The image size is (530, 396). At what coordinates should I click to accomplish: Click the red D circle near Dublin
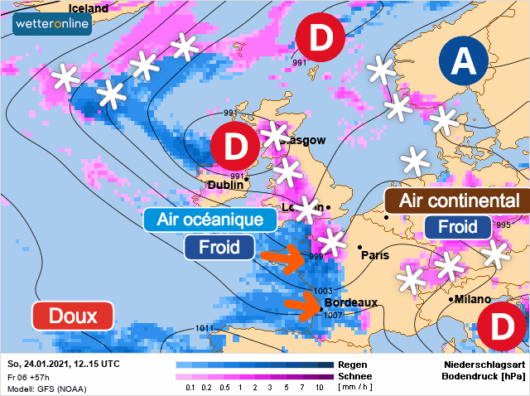click(236, 147)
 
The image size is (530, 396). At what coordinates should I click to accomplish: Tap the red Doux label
click(72, 316)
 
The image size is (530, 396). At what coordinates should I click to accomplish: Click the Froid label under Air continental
click(457, 227)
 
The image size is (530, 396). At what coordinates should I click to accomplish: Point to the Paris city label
click(375, 255)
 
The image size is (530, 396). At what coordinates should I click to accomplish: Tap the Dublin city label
click(225, 185)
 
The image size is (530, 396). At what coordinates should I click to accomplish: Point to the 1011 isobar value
click(204, 328)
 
